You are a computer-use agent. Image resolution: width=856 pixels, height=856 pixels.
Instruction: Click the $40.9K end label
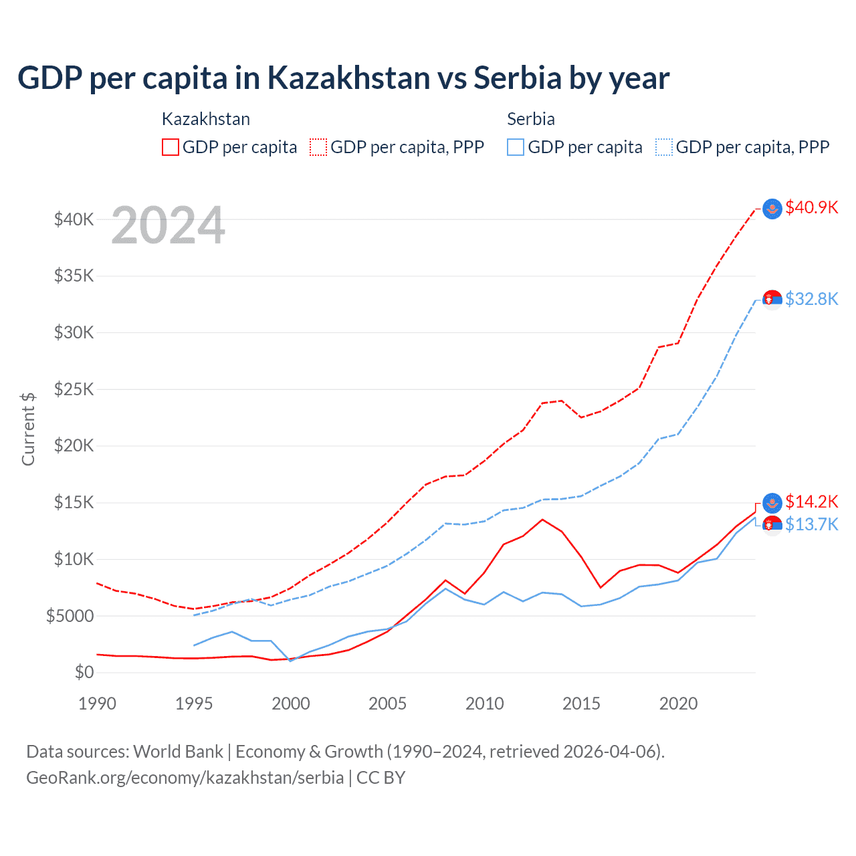(811, 207)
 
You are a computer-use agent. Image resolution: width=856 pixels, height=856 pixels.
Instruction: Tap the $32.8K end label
(811, 299)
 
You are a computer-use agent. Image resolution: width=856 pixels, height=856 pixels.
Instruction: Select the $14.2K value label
(811, 502)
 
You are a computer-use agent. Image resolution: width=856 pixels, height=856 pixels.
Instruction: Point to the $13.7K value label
(811, 524)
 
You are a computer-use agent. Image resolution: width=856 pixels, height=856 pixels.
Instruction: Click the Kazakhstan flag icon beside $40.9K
(772, 209)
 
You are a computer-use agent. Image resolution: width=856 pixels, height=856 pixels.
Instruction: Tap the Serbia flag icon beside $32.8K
(772, 300)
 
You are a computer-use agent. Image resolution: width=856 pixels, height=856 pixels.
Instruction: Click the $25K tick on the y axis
(74, 389)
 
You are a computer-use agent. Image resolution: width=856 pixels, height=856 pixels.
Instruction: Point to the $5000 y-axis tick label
(70, 616)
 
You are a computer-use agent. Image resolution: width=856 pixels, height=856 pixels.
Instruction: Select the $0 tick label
(84, 672)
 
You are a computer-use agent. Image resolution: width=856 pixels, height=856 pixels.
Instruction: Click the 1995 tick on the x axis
(194, 704)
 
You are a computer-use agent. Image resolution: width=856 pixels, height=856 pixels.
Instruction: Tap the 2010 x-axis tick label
(484, 704)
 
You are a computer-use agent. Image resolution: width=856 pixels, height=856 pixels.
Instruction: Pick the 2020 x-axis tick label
(678, 704)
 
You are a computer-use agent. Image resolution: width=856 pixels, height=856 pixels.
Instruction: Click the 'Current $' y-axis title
(28, 429)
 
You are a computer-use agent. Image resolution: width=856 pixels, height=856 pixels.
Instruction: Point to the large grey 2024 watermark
(168, 225)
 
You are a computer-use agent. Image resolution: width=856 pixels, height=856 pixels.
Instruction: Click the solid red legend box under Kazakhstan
(171, 147)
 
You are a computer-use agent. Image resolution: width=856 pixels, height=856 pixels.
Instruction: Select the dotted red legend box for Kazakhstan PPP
(318, 147)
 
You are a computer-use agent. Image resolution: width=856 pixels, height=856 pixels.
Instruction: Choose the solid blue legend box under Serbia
(516, 147)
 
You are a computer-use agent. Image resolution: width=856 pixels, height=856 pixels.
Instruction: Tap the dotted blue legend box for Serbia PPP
(664, 147)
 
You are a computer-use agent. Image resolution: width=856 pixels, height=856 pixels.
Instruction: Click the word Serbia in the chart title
(518, 78)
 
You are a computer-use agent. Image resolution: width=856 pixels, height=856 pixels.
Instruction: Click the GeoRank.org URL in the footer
(185, 778)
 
